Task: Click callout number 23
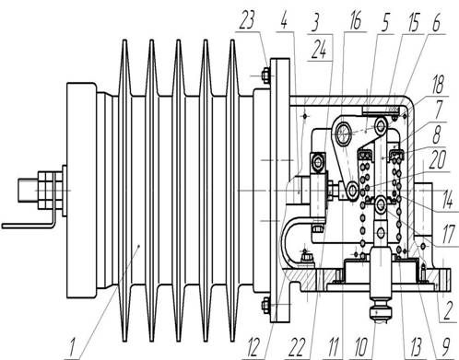(247, 20)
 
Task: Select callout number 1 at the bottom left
(72, 347)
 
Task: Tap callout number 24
(319, 50)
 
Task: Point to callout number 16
(356, 21)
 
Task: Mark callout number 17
(448, 234)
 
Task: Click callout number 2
(447, 310)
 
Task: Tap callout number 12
(254, 347)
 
